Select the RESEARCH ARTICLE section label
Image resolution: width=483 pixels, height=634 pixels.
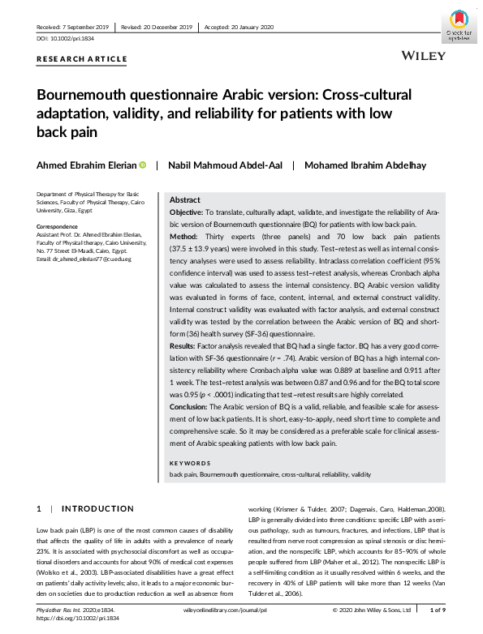82,59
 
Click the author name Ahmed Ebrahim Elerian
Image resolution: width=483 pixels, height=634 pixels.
85,165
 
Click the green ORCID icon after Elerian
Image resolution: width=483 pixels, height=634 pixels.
144,165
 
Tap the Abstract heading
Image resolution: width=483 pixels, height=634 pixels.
185,199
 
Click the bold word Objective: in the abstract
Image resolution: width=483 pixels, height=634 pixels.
192,212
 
